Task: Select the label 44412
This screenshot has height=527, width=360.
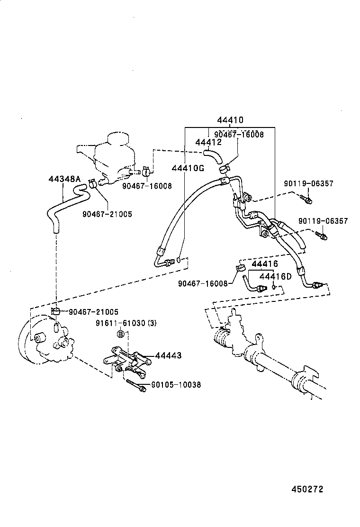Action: click(208, 142)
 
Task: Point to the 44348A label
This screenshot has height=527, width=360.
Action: click(64, 179)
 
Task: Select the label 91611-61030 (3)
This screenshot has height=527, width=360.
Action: click(126, 323)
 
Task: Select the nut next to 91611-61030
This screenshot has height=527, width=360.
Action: click(120, 335)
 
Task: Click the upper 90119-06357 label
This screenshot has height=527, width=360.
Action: click(309, 183)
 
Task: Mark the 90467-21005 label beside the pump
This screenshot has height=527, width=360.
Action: click(93, 311)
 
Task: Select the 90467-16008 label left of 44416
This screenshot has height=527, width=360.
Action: click(203, 283)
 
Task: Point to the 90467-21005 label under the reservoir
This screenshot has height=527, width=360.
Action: click(107, 214)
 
